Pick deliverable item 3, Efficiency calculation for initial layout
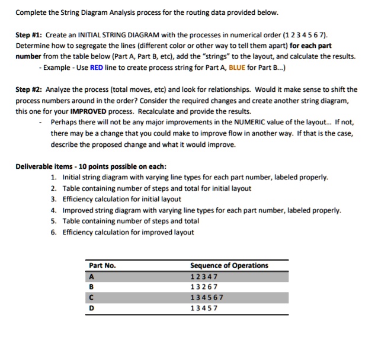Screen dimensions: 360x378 121,199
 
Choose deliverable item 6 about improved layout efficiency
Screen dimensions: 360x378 127,232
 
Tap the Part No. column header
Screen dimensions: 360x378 102,265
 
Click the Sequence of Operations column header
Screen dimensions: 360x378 229,265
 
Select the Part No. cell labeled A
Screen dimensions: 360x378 91,276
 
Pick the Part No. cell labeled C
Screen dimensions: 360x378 91,297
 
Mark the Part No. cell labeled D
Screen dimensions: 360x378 91,308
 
